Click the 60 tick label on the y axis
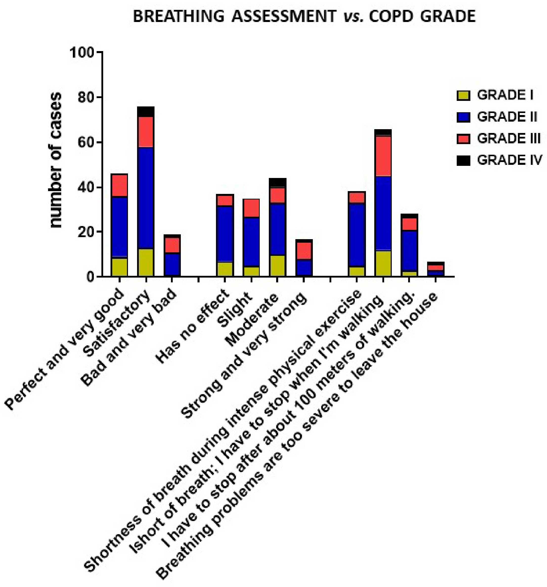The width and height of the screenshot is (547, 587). click(86, 143)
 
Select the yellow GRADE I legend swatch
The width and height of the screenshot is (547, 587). click(463, 95)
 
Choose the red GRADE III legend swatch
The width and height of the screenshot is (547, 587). click(463, 139)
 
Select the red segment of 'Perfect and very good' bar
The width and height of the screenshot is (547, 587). click(119, 185)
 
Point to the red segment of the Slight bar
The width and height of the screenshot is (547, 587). click(251, 208)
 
